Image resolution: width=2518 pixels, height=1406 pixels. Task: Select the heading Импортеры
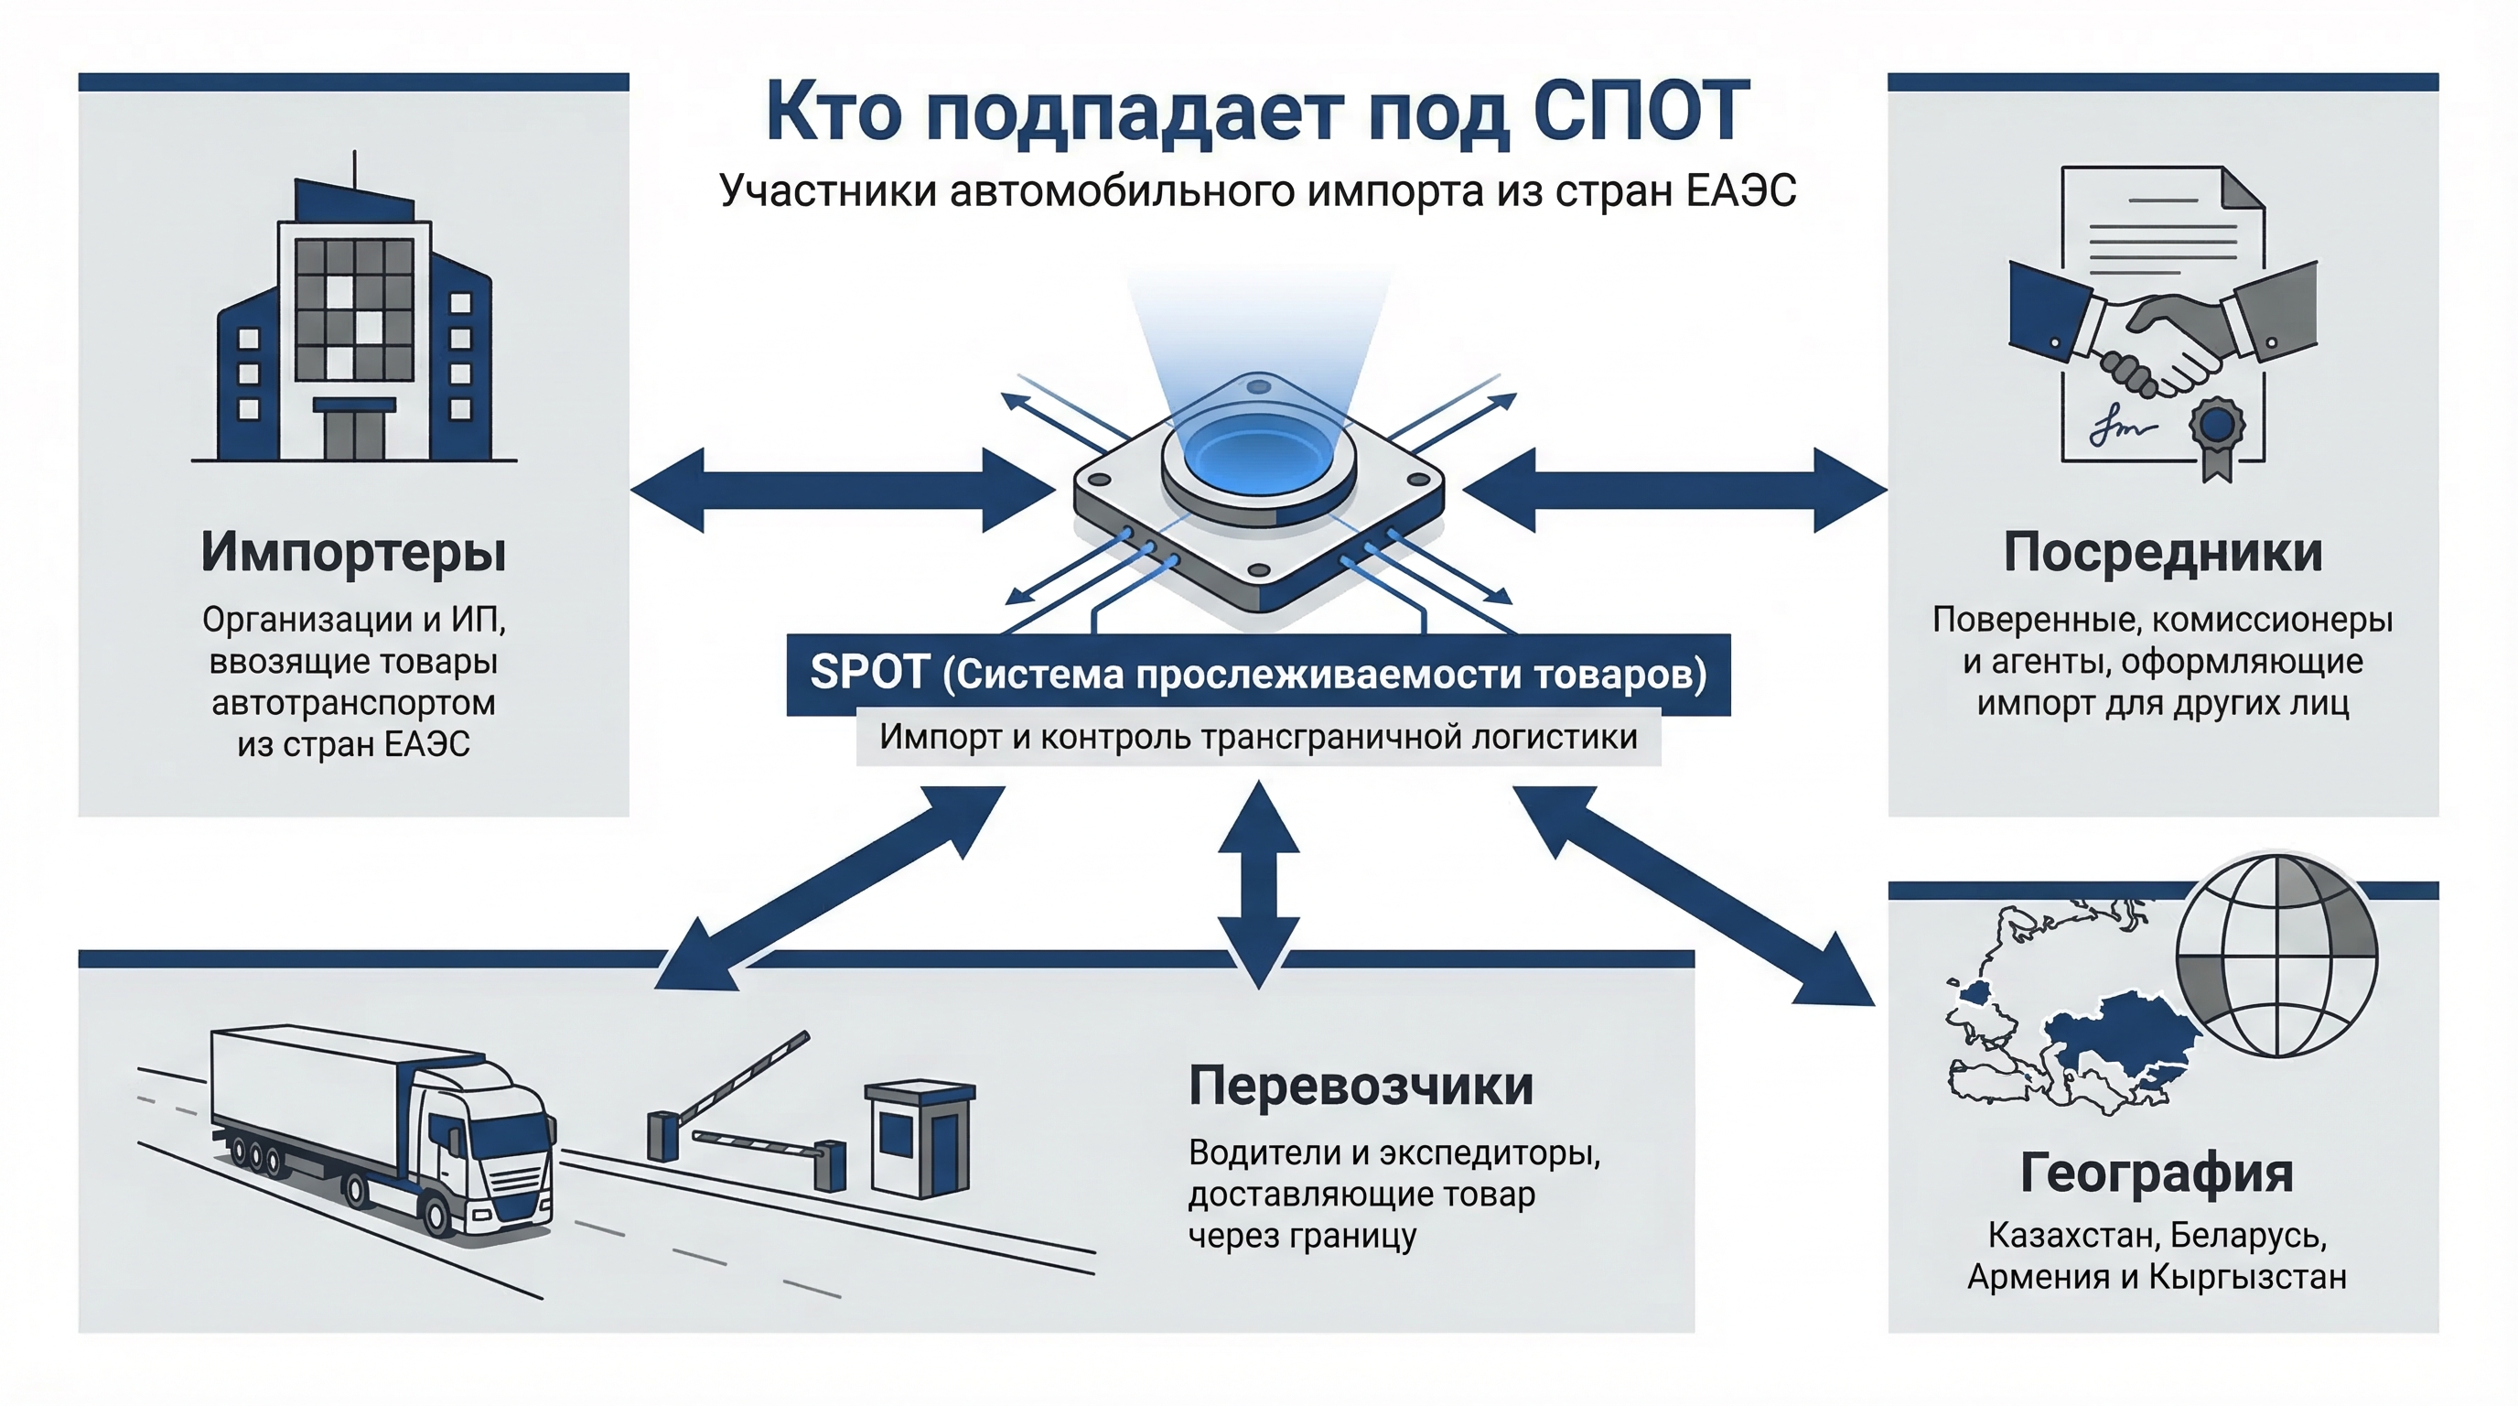coord(353,553)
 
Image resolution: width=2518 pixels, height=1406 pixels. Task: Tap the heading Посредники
coord(2162,553)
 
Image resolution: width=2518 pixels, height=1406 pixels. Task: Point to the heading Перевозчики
coord(1361,1087)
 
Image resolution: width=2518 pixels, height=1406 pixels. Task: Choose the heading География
coord(2157,1173)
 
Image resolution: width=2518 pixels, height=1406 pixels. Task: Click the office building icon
coord(354,322)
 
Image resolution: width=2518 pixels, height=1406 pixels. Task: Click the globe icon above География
coord(2277,957)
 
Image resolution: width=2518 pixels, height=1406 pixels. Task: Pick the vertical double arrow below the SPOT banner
coord(1258,885)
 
